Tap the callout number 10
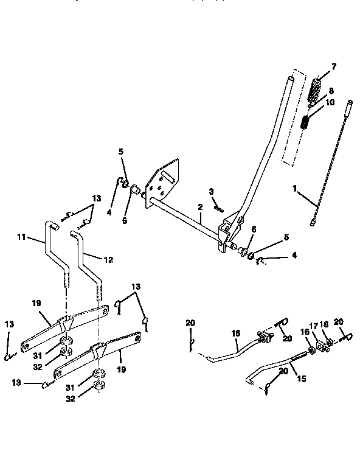tap(330, 103)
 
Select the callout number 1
tap(294, 189)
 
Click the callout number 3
tap(211, 191)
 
